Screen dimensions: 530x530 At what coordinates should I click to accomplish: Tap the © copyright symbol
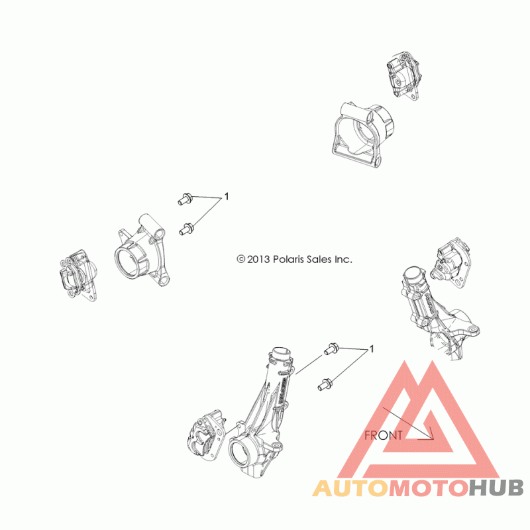point(241,260)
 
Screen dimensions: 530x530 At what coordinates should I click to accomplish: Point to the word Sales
point(322,260)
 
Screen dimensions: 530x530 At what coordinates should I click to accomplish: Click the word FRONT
point(384,435)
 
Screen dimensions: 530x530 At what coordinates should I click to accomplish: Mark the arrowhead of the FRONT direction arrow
point(430,437)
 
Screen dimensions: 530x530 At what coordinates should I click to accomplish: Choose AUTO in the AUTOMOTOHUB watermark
point(350,489)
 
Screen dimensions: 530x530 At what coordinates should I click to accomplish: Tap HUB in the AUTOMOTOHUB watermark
point(496,489)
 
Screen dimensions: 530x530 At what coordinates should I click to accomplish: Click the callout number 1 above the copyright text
point(227,197)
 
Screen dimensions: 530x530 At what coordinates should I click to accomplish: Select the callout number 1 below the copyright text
point(372,348)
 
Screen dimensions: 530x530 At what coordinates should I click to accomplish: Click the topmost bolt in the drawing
point(186,197)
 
